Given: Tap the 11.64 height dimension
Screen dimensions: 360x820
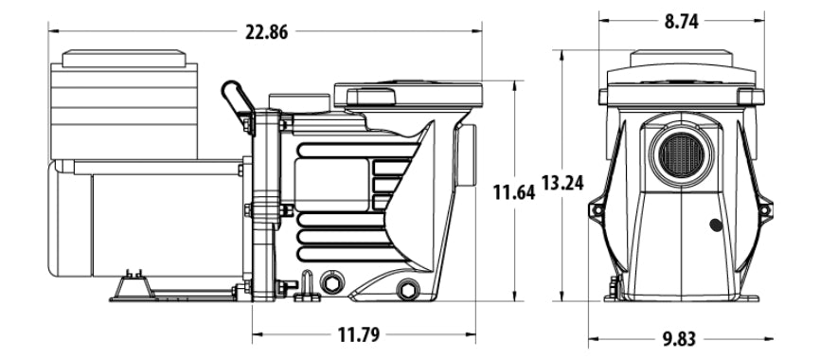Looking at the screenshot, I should [x=513, y=192].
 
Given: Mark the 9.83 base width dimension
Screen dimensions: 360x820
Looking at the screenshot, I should [x=683, y=339].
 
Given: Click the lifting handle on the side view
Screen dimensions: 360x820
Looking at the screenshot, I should [x=236, y=96].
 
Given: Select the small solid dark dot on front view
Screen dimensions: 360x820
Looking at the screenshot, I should [x=714, y=226].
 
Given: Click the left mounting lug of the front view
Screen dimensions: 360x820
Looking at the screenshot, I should [x=597, y=211].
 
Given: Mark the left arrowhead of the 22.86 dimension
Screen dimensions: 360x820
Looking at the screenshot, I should [x=53, y=31].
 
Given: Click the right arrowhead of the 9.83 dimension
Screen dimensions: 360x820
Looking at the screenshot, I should [x=772, y=339].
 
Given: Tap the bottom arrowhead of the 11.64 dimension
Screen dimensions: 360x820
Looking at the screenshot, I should [x=513, y=295].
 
